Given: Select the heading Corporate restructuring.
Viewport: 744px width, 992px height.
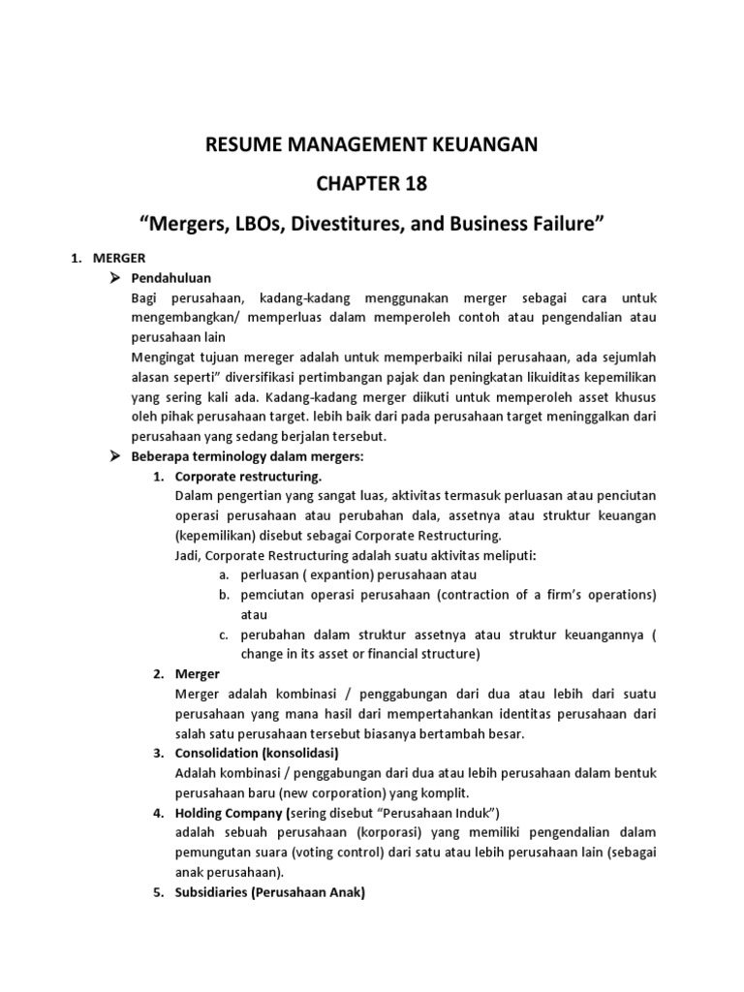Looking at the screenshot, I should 249,477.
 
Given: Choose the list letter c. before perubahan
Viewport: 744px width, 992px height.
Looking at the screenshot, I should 223,635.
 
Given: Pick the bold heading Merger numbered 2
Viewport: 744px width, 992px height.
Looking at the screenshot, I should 198,673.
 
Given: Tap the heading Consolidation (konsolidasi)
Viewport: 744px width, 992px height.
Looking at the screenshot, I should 257,753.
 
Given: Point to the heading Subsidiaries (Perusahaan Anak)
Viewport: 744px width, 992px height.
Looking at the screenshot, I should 268,893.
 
